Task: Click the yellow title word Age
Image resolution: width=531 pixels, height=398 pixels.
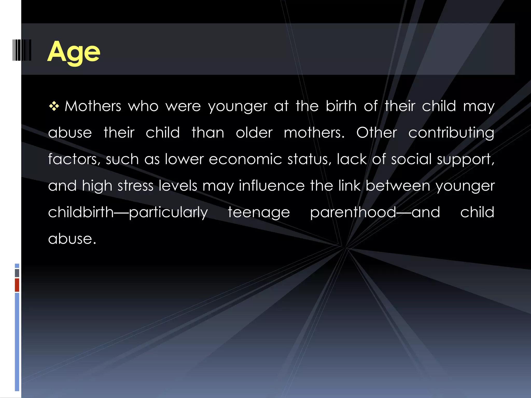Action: [x=74, y=52]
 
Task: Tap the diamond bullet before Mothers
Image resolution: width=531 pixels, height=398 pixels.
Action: [x=54, y=106]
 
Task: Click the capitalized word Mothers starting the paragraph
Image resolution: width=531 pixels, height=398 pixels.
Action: [x=93, y=106]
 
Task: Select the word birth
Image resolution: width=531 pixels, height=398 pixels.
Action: [x=341, y=106]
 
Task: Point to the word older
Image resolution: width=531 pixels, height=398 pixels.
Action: [x=254, y=133]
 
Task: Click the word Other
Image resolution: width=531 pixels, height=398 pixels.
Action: [x=376, y=133]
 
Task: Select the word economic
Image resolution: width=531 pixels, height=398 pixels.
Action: [x=245, y=159]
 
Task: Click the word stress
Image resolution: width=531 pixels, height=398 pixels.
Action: [x=135, y=186]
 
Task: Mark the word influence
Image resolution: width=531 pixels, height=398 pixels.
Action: [x=271, y=186]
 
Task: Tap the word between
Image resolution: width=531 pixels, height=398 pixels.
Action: [x=398, y=186]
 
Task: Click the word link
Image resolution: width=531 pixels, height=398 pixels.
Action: [x=349, y=186]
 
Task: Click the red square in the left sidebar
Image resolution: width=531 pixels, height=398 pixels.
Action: [x=17, y=285]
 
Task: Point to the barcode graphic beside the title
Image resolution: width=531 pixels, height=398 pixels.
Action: [x=22, y=50]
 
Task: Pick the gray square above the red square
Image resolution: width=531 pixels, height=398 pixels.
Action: [x=17, y=273]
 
